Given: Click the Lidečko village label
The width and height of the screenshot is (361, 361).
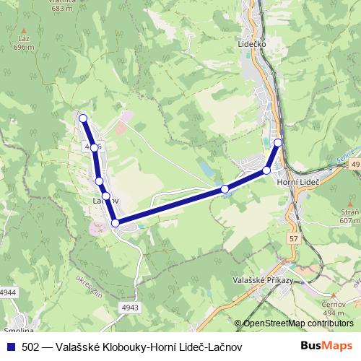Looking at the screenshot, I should (x=252, y=44).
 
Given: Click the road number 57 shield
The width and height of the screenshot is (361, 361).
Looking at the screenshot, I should (x=292, y=238).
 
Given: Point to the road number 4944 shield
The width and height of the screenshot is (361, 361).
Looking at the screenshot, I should (x=8, y=292).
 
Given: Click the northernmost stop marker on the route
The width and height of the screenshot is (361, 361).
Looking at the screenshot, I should (x=83, y=118).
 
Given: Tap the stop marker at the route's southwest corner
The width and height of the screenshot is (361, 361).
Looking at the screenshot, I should (x=116, y=223).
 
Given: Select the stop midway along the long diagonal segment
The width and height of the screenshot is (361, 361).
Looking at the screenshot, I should (x=225, y=189).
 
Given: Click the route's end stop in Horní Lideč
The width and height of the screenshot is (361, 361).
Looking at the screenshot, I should (x=278, y=142).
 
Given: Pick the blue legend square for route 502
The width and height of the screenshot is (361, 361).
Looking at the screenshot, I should (x=9, y=347).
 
